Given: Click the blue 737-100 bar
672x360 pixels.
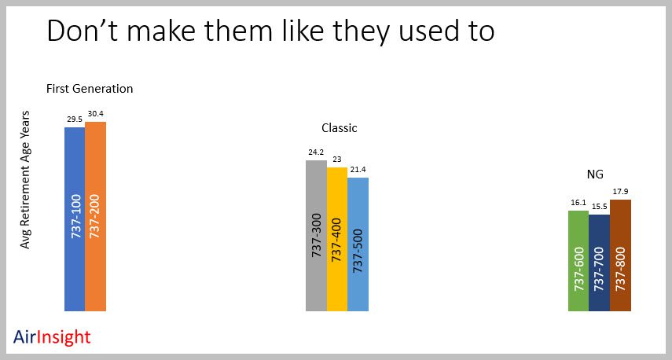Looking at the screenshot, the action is (x=75, y=219).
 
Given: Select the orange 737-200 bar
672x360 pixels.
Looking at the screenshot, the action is (x=95, y=216).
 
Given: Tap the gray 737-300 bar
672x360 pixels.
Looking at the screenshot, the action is (x=316, y=236).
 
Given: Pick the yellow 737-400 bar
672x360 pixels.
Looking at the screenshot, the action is (x=337, y=239).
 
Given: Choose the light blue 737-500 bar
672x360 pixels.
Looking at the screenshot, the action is (x=358, y=244).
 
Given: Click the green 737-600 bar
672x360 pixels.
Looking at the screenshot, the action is (x=578, y=261).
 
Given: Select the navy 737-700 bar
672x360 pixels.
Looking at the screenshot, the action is (x=599, y=263).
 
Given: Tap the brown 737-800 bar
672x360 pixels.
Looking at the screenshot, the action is (x=620, y=255).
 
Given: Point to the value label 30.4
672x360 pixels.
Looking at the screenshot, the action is (x=96, y=113).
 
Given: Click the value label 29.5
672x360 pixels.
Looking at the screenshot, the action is (x=75, y=119).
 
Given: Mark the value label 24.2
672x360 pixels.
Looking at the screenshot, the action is (x=316, y=152).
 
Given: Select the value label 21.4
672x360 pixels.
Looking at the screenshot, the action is (x=358, y=170).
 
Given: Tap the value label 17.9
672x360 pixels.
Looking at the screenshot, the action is (x=621, y=192).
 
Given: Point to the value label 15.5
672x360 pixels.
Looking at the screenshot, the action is (x=599, y=207).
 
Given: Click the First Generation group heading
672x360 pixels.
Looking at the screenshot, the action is (x=90, y=89).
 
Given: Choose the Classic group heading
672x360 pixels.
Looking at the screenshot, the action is (x=340, y=127).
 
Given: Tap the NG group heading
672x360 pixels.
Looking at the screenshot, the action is (x=595, y=174).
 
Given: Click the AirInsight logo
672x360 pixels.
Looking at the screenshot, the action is (x=52, y=337).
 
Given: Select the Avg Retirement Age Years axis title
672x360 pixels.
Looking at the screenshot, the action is (x=25, y=179).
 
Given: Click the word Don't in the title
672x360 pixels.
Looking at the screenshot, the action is (x=82, y=31).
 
